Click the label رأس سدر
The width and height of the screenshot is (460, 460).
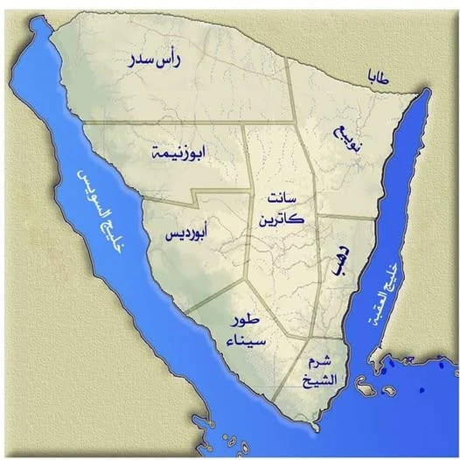[x=154, y=61]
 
